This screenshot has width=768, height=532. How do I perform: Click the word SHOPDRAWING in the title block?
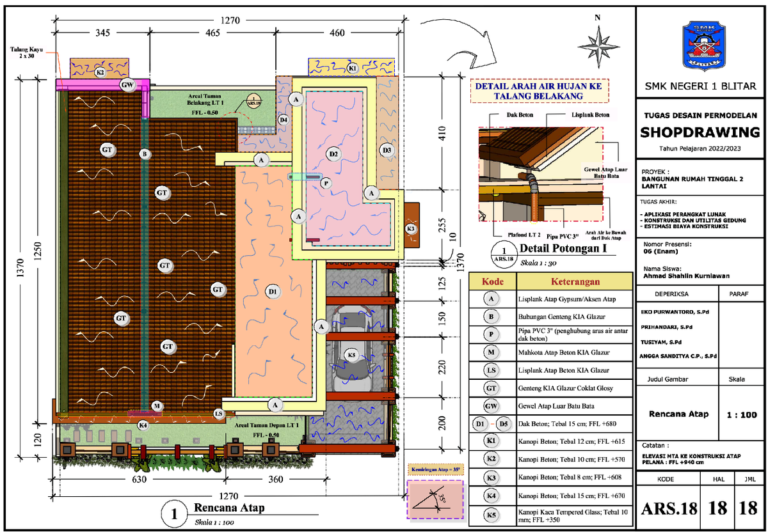click(700, 132)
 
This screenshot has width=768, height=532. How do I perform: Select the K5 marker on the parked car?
click(351, 355)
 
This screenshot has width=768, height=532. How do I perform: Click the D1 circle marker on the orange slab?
click(273, 292)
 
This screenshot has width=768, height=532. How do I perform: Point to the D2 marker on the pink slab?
click(333, 154)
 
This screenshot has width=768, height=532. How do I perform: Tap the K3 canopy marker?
click(412, 228)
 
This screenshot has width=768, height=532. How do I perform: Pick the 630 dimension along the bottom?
click(140, 479)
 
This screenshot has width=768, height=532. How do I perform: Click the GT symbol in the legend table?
click(491, 387)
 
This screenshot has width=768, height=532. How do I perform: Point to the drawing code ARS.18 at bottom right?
click(668, 509)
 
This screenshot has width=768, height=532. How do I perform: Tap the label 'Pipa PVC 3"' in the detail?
click(561, 235)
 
